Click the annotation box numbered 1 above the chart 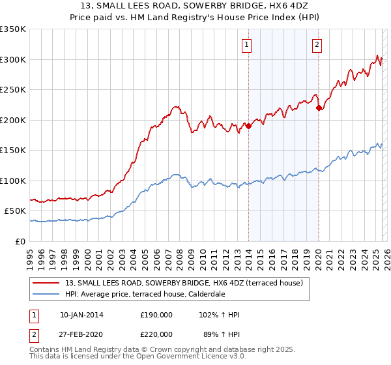coord(248,45)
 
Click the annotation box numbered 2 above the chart coord(317,45)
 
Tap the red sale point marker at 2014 coord(248,126)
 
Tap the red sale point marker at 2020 coord(319,108)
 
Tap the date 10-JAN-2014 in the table coord(81,315)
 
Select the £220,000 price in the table coord(156,334)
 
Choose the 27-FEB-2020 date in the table coord(81,334)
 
